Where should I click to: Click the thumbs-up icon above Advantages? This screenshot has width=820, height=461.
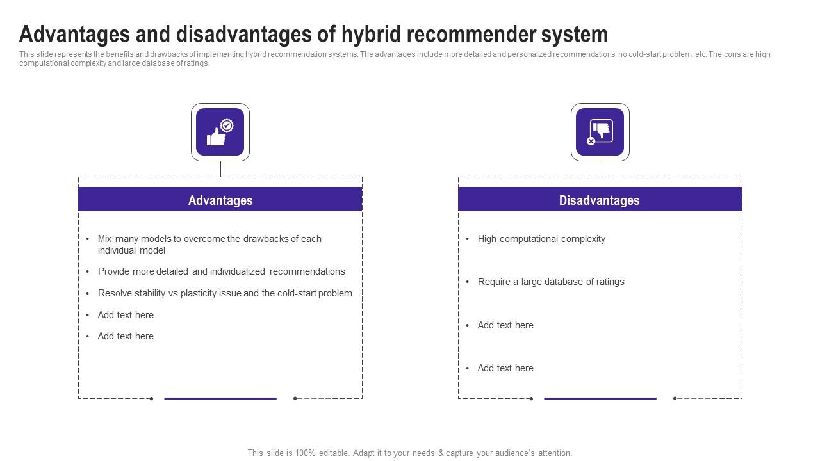point(220,132)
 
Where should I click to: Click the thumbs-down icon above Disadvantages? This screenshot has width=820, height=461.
point(600,132)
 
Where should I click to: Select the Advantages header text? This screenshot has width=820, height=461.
point(220,200)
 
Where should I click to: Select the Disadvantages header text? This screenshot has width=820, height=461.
point(599,200)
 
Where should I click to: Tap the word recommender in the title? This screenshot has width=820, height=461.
point(473,34)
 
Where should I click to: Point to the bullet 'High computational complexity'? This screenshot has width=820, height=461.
point(541,239)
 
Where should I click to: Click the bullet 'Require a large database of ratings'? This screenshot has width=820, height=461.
point(551,282)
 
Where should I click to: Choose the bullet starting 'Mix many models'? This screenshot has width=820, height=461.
point(209,245)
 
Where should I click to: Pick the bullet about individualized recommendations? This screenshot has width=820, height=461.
point(221,271)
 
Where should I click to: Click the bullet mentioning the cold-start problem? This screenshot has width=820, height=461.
point(225,293)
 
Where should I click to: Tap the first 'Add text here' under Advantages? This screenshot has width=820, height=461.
point(126,315)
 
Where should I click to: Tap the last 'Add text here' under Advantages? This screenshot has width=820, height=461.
point(126,336)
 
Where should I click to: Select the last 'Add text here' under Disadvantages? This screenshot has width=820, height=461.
point(505,368)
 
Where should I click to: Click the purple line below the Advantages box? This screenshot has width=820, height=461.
point(220,398)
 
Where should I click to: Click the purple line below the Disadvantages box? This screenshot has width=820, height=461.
point(600,398)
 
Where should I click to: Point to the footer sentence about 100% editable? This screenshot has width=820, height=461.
point(410,453)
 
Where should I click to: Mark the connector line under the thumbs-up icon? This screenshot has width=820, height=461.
point(220,169)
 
